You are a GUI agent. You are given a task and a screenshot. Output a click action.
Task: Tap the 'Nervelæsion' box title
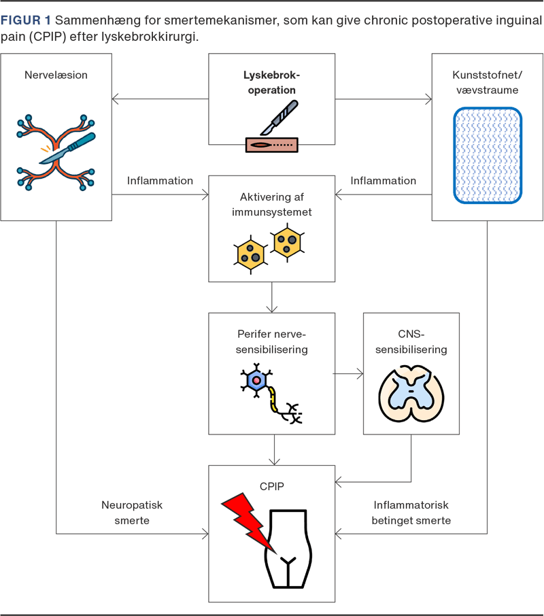56,75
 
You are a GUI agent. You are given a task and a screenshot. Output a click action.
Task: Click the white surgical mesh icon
488,156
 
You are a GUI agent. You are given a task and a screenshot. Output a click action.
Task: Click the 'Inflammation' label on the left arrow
160,181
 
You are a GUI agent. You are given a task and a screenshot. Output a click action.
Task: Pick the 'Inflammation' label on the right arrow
383,181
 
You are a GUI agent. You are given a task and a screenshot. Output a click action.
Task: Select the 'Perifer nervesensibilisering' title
271,343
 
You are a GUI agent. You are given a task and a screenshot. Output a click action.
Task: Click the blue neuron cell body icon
256,380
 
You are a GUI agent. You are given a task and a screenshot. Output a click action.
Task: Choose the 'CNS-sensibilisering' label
411,342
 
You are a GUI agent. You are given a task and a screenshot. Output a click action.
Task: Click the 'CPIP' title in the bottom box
271,487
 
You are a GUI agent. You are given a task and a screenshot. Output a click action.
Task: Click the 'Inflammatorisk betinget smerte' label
411,513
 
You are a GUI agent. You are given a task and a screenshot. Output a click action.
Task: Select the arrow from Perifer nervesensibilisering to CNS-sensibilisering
348,373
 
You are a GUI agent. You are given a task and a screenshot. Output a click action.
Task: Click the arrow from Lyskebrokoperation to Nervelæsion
160,100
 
